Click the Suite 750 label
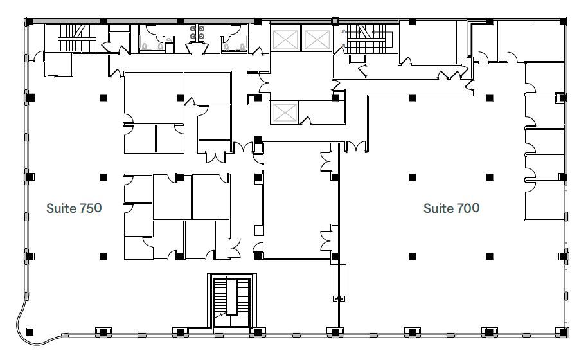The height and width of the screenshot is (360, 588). (74, 208)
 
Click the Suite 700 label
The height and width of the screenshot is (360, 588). (451, 208)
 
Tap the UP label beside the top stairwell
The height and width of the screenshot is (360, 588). (343, 31)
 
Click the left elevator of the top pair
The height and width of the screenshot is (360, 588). (283, 40)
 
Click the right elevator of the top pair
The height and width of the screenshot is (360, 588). (316, 40)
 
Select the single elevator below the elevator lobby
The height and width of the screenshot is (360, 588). (283, 113)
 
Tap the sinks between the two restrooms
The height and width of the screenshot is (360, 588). (197, 33)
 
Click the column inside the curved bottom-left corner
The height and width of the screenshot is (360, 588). (29, 332)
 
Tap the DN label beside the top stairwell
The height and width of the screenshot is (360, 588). (343, 45)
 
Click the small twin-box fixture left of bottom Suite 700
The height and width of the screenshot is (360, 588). (339, 299)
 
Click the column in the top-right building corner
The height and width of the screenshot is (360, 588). (564, 21)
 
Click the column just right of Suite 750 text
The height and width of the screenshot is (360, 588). (103, 176)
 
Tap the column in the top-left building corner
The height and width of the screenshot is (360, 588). (29, 21)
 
